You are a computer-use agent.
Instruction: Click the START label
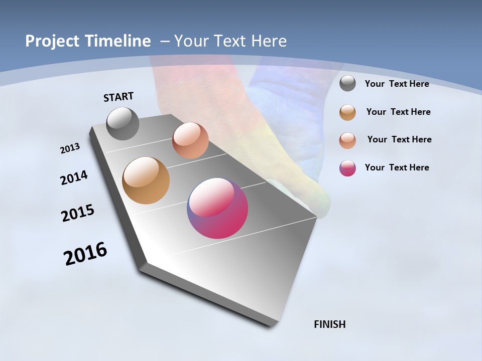click(x=118, y=97)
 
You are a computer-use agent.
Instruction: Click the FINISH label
click(x=330, y=324)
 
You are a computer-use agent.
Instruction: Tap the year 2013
click(x=70, y=148)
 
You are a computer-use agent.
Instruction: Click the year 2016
click(x=85, y=254)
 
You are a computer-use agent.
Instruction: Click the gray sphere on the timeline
click(x=123, y=123)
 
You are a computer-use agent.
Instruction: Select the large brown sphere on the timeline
click(x=146, y=180)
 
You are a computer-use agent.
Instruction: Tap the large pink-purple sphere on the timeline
click(x=217, y=208)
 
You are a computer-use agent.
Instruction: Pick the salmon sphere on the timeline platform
click(x=190, y=140)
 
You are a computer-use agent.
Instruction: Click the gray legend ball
click(x=347, y=84)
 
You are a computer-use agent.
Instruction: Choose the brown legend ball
click(x=347, y=112)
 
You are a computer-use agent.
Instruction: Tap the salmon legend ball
click(x=347, y=140)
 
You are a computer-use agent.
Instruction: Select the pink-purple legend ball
click(x=347, y=168)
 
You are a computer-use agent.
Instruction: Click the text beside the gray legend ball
click(x=397, y=84)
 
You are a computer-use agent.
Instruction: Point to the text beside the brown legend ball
click(x=398, y=112)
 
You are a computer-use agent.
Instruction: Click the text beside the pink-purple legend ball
click(x=397, y=167)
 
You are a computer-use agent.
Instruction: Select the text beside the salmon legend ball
click(x=399, y=139)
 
